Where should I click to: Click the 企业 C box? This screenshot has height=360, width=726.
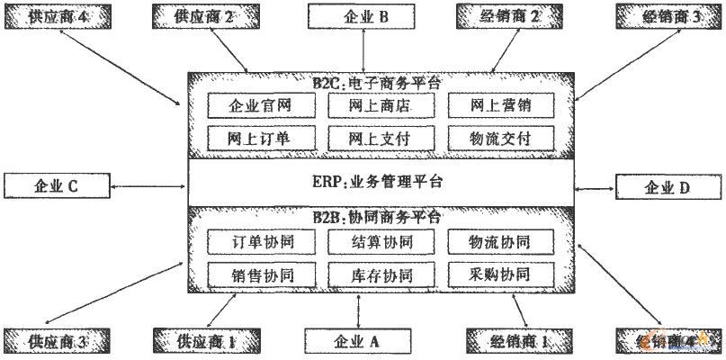57,187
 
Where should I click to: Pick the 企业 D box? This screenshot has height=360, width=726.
667,187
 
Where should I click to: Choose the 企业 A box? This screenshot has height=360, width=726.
360,341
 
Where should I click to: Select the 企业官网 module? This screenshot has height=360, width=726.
261,105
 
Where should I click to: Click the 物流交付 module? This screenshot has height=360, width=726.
500,138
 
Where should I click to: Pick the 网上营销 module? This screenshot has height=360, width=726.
500,105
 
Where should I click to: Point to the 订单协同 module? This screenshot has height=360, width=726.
261,242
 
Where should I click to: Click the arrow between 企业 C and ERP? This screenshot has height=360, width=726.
148,187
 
